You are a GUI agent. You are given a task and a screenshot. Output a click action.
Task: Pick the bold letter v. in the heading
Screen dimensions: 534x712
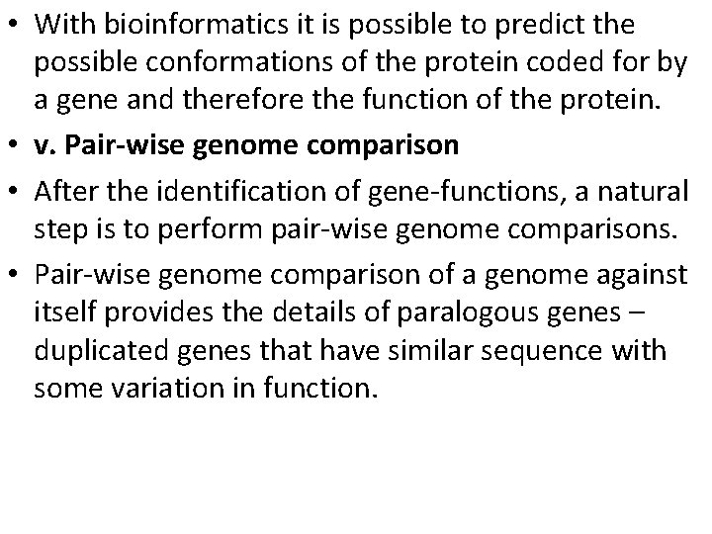click(44, 145)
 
